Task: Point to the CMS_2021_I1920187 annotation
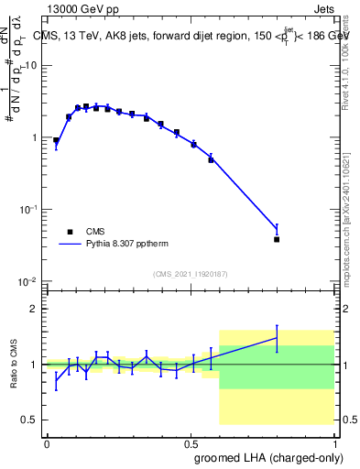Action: pos(191,274)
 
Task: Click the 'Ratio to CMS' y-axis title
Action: pos(13,365)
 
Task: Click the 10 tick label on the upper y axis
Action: pos(30,66)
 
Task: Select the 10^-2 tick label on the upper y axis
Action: pos(28,280)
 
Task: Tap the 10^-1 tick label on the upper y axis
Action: pos(28,209)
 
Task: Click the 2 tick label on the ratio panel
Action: pos(35,309)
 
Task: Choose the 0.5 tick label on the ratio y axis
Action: pos(30,420)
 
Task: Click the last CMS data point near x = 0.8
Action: pos(277,239)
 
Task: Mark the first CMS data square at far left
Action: pos(56,141)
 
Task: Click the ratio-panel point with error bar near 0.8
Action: pos(277,338)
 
